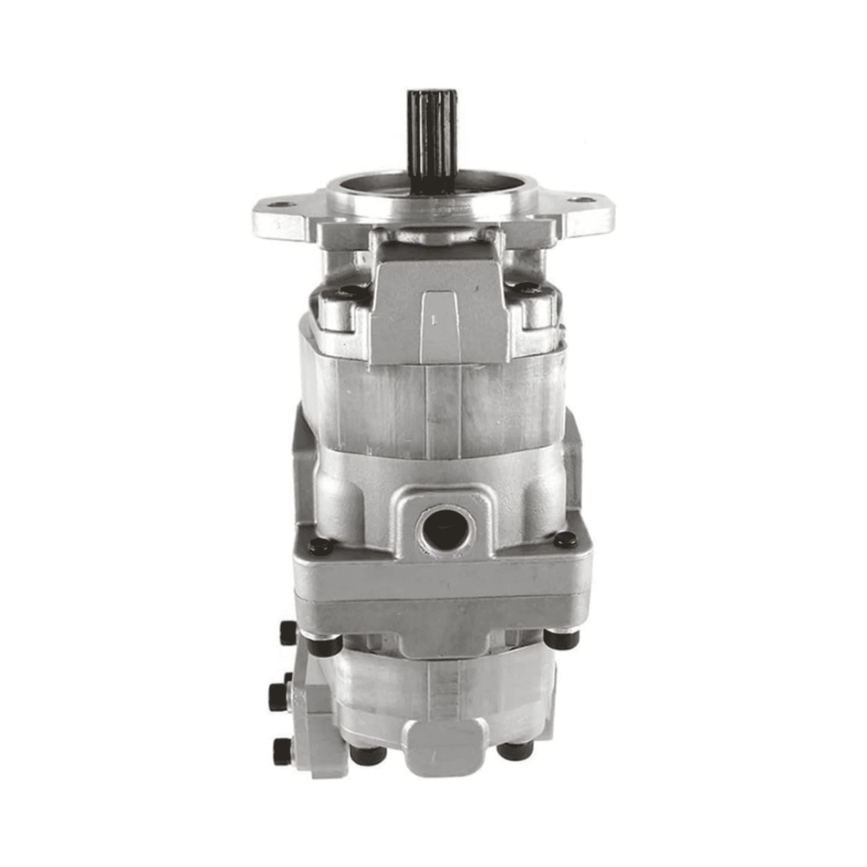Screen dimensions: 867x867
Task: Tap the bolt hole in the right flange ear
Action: tap(581, 199)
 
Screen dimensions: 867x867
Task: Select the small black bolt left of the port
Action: tap(319, 546)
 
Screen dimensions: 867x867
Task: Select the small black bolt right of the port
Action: tap(566, 539)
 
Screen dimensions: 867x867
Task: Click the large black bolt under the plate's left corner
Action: tap(323, 644)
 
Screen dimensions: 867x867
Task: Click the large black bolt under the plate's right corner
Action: tap(560, 639)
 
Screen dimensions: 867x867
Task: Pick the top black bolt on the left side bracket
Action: tap(288, 632)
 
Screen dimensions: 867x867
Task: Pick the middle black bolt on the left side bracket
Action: tap(279, 695)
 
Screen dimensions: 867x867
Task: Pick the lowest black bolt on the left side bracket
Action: tap(283, 750)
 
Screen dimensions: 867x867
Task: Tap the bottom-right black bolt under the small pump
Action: tap(516, 750)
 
